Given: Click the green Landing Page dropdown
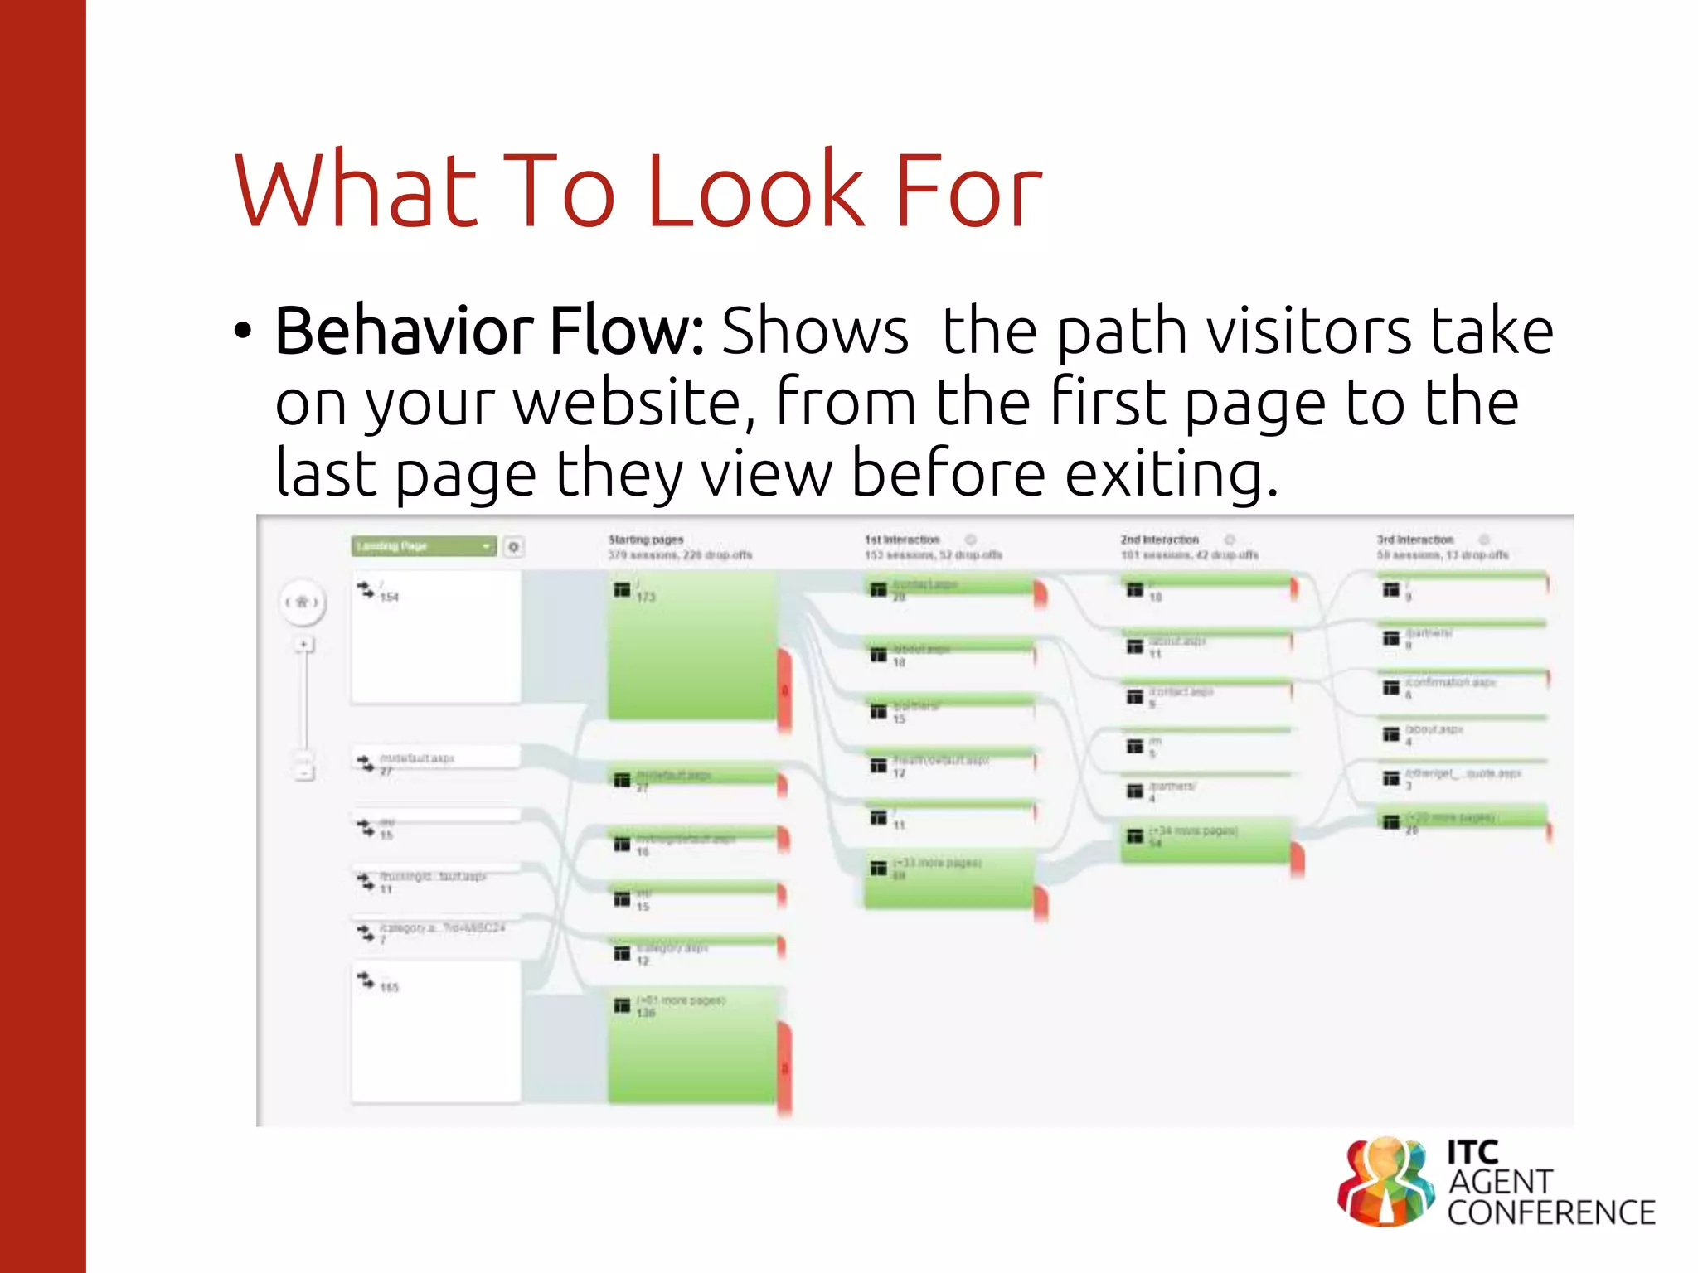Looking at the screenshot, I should pos(423,546).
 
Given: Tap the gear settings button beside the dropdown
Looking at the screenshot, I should pos(514,547).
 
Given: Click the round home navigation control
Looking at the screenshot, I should pos(302,602).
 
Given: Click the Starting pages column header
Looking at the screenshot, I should pos(646,540).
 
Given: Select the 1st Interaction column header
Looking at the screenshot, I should pos(902,540).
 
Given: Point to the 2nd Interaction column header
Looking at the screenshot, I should pos(1159,540).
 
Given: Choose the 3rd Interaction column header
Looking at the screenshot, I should pos(1415,540).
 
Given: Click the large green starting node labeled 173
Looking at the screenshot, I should pos(692,646).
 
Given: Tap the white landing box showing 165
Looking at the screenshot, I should pos(436,1032).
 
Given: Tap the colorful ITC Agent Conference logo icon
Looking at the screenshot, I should pos(1385,1182).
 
